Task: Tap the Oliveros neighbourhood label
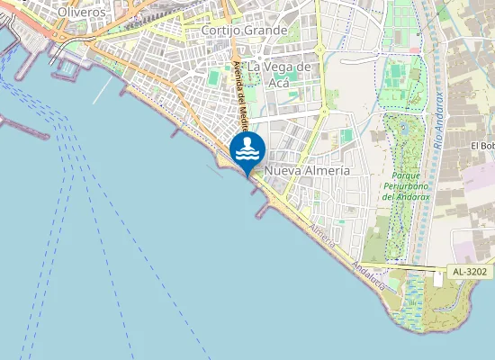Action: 80,13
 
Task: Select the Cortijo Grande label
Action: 245,31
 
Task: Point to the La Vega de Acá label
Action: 280,75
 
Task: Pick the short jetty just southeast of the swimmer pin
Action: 262,211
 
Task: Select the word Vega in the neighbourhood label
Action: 282,67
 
